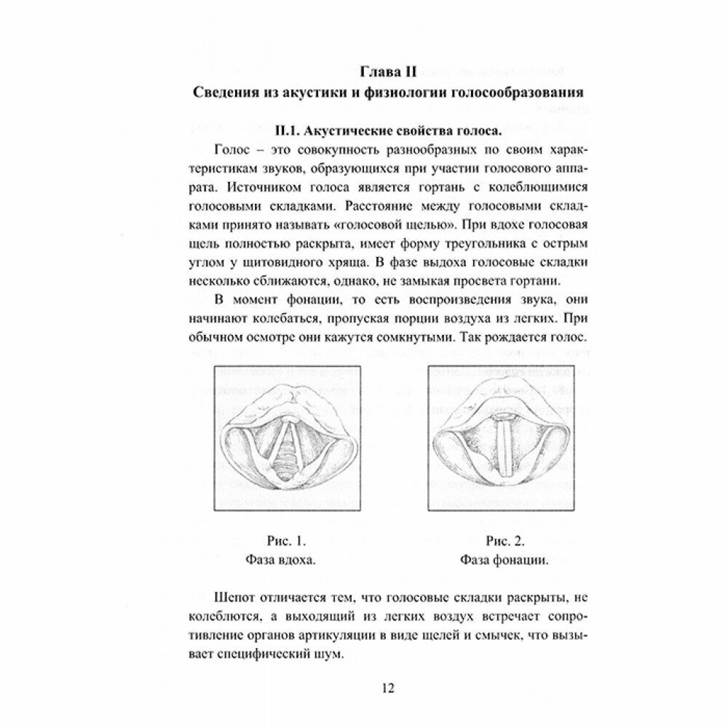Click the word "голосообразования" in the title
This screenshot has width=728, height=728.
point(523,94)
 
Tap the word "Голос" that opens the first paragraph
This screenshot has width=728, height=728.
point(234,151)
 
